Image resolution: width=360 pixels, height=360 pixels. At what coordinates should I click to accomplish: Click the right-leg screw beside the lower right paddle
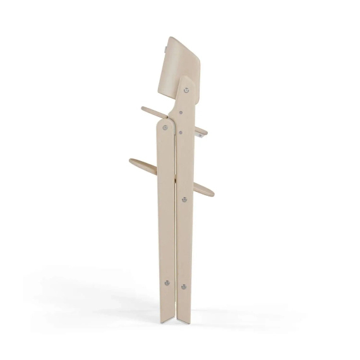click(x=184, y=200)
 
